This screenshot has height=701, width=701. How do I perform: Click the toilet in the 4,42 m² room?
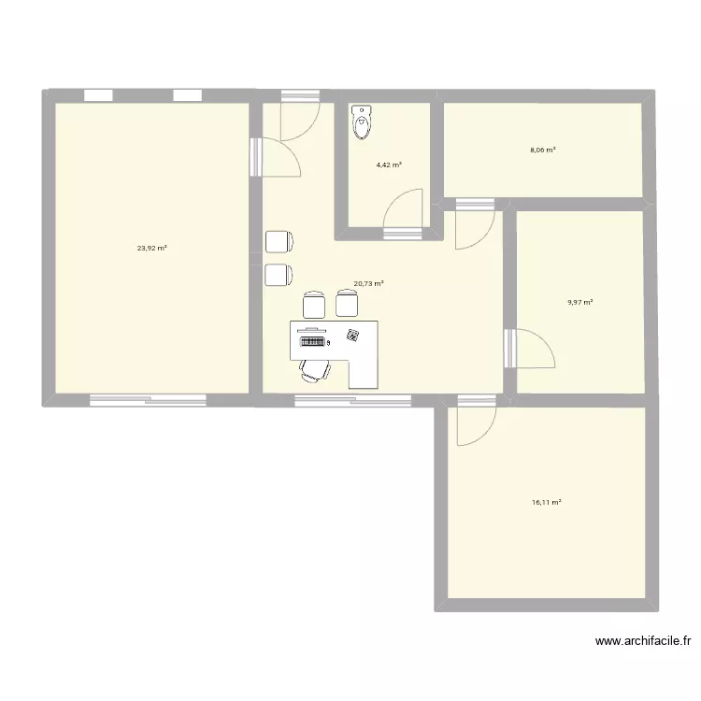[x=362, y=122]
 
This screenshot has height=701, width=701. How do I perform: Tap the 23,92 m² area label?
[x=152, y=248]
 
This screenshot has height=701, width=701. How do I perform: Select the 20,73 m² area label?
[x=368, y=284]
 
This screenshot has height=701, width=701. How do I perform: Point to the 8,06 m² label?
[x=541, y=150]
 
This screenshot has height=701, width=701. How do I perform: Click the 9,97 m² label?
[x=579, y=302]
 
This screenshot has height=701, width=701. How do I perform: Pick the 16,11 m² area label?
[x=546, y=502]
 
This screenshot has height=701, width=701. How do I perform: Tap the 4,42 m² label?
[x=389, y=165]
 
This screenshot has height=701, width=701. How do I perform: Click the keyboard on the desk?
[x=311, y=343]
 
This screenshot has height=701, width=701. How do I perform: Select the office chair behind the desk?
[x=314, y=370]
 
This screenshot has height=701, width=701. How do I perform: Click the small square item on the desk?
[x=352, y=336]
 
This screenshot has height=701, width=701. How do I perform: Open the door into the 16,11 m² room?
[x=474, y=422]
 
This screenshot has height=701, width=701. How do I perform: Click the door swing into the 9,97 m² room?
[x=533, y=348]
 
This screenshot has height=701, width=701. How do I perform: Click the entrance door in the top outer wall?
[x=300, y=116]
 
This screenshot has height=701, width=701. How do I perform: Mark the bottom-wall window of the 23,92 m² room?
[x=148, y=400]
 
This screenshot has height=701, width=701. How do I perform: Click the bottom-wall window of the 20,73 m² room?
[x=352, y=400]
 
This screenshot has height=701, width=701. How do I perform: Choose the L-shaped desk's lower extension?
[x=364, y=370]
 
